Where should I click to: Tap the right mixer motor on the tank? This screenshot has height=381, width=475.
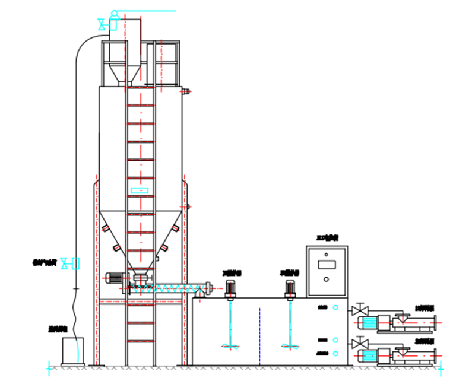pos(290,288)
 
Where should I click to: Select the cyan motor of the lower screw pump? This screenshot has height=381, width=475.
pos(368,355)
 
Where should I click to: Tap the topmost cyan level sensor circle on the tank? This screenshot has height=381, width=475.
pos(336,307)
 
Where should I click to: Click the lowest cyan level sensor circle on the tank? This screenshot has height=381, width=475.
pos(336,354)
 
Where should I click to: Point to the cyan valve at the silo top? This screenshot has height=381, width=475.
pos(103,24)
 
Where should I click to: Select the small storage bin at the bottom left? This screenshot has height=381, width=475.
pos(73,351)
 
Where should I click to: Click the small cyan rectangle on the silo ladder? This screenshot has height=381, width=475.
pos(141,190)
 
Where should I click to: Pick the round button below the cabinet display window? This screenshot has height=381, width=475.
pos(326,279)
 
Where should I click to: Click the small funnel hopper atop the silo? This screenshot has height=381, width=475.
pos(122,74)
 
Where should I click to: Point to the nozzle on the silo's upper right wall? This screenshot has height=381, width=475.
pos(186,91)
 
